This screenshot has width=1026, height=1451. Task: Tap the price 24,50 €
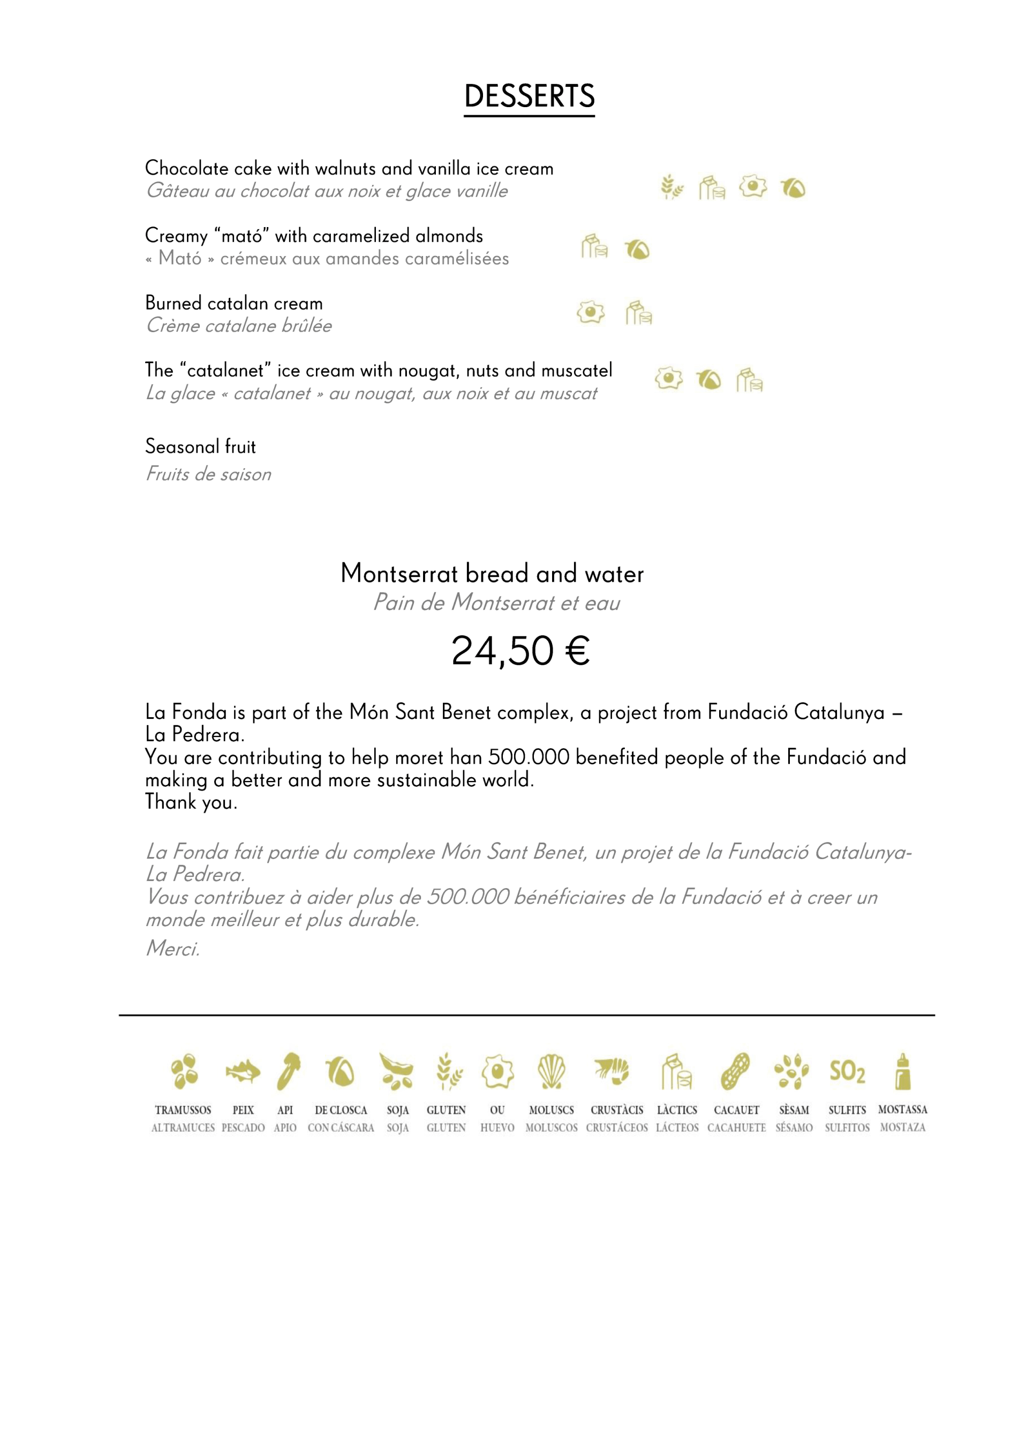pos(520,651)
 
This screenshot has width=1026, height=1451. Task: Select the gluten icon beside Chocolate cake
pos(671,187)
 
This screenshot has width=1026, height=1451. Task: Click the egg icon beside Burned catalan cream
pos(591,312)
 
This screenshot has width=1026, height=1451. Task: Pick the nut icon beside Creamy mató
pos(637,250)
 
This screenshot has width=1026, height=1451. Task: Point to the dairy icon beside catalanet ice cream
pos(749,380)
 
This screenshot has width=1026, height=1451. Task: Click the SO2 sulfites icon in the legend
pos(847,1071)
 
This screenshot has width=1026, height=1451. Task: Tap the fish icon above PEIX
pos(243,1072)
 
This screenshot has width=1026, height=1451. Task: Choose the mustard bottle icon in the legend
pos(903,1071)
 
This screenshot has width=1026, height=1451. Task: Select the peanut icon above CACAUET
pos(735,1071)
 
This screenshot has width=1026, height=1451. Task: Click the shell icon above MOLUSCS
pos(551,1071)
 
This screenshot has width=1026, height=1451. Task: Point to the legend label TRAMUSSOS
pos(183,1110)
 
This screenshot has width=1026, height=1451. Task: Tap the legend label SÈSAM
pos(794,1110)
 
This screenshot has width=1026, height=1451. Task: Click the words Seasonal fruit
pos(200,447)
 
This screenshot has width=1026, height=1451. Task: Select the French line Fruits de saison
pos(208,474)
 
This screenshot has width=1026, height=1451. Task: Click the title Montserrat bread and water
pos(492,574)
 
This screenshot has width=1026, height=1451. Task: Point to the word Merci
pos(172,949)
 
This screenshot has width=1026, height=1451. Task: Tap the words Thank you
pos(191,802)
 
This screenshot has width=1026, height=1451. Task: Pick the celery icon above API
pos(288,1071)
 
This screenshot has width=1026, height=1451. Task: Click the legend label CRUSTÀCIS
pos(616,1110)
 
